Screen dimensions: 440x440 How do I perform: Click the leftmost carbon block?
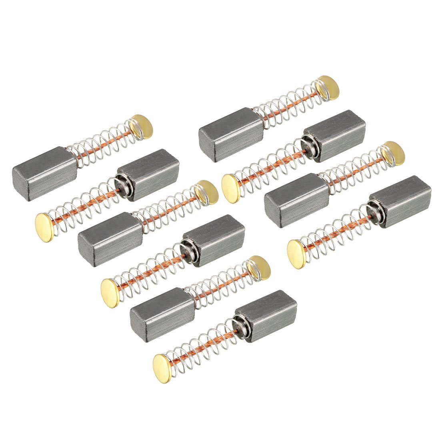point(44,174)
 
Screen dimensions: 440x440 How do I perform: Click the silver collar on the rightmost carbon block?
point(374,210)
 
